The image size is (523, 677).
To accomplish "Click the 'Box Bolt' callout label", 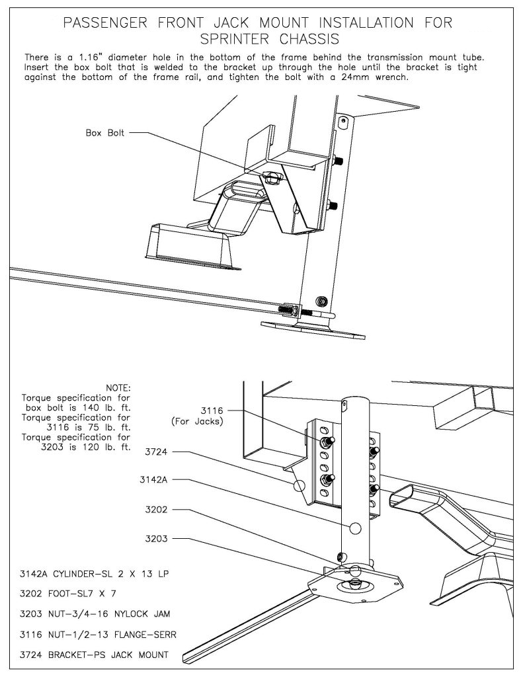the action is [x=105, y=133].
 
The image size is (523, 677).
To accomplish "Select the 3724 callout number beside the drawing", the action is [x=156, y=452].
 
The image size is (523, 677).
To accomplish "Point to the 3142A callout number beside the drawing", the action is [x=153, y=479].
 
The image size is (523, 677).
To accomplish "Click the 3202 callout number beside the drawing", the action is [x=156, y=510].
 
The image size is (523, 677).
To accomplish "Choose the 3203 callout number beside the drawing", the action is [x=156, y=539].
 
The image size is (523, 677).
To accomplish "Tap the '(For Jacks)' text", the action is [x=198, y=421].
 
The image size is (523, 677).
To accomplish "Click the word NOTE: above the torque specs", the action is [x=118, y=388].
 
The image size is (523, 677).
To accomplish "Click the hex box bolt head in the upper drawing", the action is [x=272, y=177].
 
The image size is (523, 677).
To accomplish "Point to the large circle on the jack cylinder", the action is [x=355, y=528].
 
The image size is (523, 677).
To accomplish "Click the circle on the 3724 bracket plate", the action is [x=300, y=485].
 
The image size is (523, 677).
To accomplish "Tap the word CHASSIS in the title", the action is [x=309, y=39].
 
